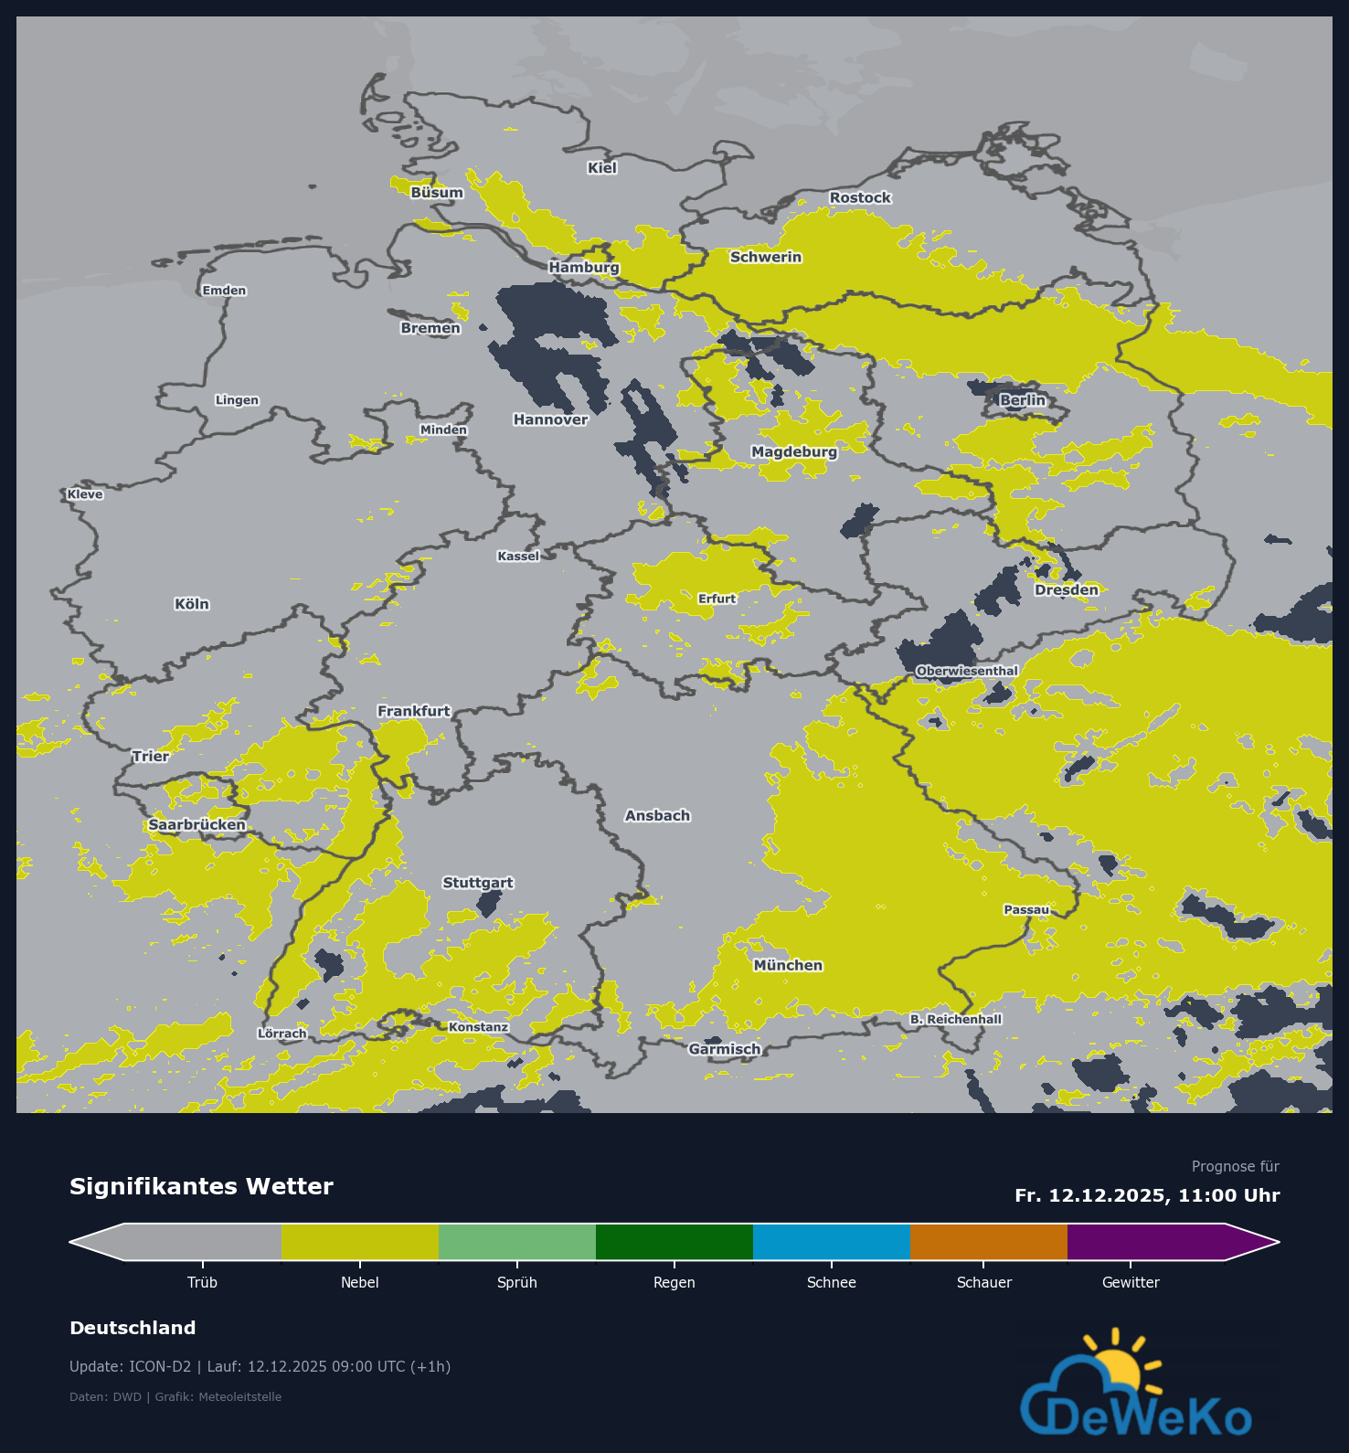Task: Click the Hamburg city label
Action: tap(584, 268)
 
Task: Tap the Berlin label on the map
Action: tap(1022, 400)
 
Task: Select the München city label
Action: tap(788, 965)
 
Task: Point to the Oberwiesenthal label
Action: tap(967, 671)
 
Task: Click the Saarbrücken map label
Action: tap(197, 824)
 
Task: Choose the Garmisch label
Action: tap(725, 1049)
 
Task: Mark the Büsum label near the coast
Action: tap(437, 193)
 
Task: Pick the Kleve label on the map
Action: tap(85, 494)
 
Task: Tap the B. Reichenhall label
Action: tap(956, 1019)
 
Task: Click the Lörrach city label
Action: tap(282, 1034)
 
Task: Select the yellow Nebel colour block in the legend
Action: tap(360, 1242)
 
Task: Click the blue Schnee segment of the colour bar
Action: tap(832, 1242)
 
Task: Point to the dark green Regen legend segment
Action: tap(674, 1242)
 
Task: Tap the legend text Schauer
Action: tap(984, 1282)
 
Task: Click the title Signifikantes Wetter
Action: tap(201, 1186)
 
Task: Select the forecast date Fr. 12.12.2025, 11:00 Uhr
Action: tap(1147, 1195)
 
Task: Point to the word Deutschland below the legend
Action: tap(133, 1328)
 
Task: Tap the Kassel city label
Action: tap(518, 556)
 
